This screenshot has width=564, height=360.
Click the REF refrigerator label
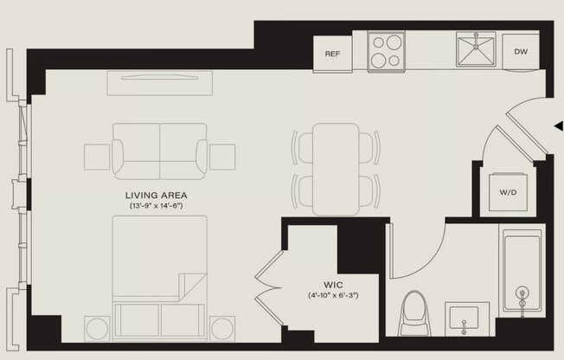331,54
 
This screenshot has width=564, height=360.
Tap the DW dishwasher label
520,52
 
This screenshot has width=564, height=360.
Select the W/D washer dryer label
508,193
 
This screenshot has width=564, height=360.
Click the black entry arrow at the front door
558,126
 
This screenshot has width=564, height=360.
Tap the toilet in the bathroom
415,316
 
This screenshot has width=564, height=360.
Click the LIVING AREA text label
157,196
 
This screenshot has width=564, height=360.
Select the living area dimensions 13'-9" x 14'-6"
157,207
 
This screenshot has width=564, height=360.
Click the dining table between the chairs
336,169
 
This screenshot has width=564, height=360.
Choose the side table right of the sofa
222,157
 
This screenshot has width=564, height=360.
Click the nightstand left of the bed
97,329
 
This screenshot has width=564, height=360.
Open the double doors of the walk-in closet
270,277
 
